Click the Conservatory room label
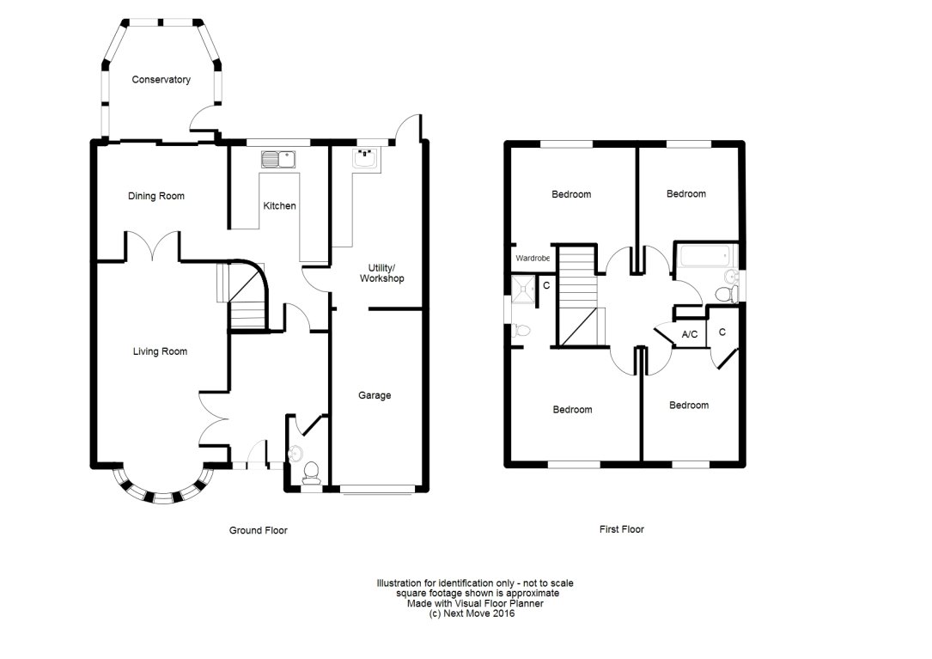[x=161, y=80]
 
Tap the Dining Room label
[x=156, y=196]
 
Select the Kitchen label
[x=279, y=206]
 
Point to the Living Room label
[x=160, y=351]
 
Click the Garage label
[x=375, y=395]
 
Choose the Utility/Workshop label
[x=381, y=273]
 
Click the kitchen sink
[x=278, y=158]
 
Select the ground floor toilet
[x=312, y=472]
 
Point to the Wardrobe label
[x=532, y=258]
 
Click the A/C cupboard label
[x=689, y=334]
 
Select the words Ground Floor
[x=258, y=530]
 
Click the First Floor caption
[x=621, y=529]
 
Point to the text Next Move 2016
[x=474, y=613]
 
